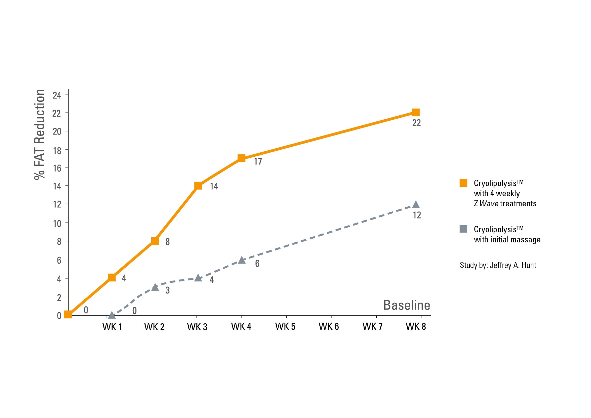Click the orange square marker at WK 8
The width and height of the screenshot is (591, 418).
(416, 112)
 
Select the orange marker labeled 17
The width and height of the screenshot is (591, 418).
(241, 158)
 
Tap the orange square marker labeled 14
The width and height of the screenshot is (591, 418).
(198, 186)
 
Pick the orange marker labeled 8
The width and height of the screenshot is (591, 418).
(155, 241)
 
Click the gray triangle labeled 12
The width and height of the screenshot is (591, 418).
(416, 205)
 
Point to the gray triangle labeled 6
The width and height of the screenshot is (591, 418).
(242, 260)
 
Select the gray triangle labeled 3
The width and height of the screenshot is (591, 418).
(155, 287)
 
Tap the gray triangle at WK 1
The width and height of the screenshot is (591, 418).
(112, 315)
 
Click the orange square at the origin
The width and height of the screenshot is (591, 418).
(68, 315)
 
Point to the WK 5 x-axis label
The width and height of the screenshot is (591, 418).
(285, 326)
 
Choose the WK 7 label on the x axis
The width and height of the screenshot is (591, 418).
(372, 326)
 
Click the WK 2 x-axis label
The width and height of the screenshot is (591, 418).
(154, 327)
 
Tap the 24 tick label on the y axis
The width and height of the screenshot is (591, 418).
(57, 95)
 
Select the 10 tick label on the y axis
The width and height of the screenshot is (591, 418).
(57, 223)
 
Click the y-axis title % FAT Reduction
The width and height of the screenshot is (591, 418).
(40, 134)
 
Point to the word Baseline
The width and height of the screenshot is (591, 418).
(406, 305)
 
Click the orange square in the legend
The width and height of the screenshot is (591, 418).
(463, 183)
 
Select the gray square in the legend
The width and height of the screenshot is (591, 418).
(463, 229)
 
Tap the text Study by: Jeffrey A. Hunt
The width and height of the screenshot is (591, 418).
(498, 265)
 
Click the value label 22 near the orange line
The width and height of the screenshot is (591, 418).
(416, 123)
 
